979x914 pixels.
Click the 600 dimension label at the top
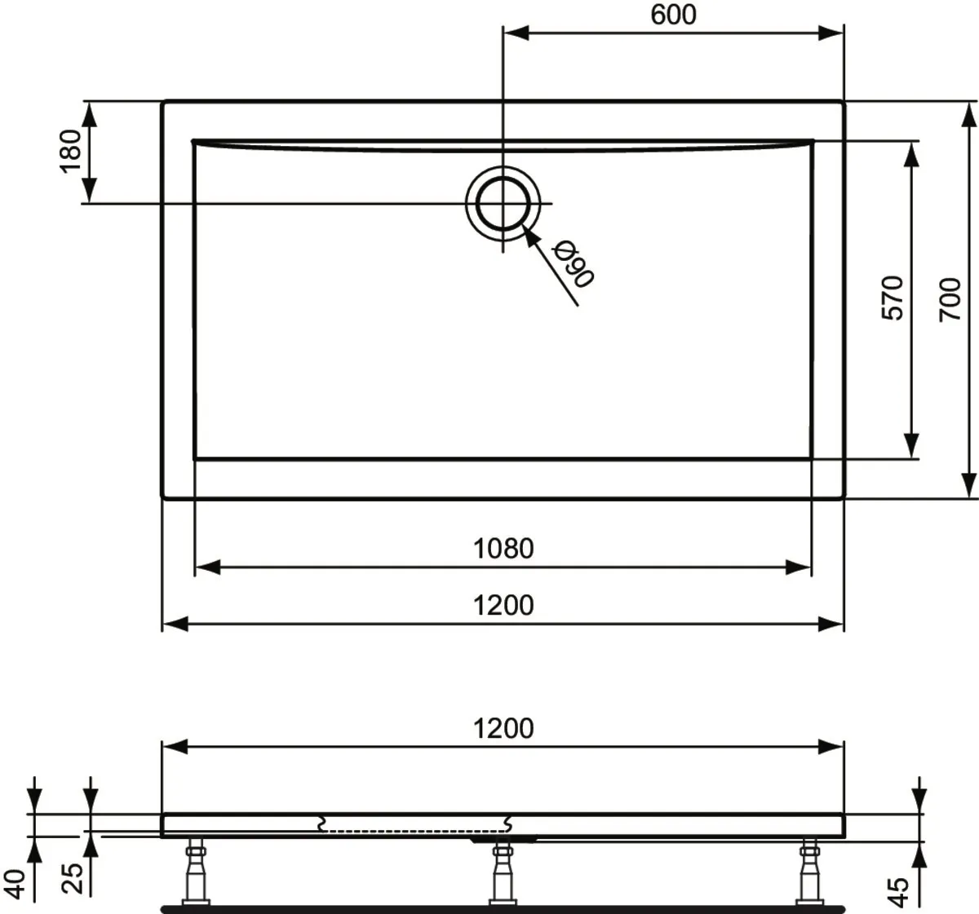point(673,15)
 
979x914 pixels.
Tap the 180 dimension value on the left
point(70,152)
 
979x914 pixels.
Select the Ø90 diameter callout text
point(574,264)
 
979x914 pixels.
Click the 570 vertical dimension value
point(893,298)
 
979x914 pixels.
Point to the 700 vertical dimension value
point(950,300)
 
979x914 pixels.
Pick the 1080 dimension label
point(503,549)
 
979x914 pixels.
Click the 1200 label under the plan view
point(503,605)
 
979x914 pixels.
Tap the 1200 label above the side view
point(503,728)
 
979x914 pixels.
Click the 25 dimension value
point(72,878)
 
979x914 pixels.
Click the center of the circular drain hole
point(503,203)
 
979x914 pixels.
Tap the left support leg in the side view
point(196,872)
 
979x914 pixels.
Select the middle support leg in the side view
point(503,872)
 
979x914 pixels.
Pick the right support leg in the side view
point(809,872)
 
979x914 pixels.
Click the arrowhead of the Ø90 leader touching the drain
point(529,236)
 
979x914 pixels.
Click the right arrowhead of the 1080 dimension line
point(798,567)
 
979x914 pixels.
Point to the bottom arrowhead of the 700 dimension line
point(969,485)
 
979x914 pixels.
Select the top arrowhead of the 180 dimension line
point(89,114)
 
